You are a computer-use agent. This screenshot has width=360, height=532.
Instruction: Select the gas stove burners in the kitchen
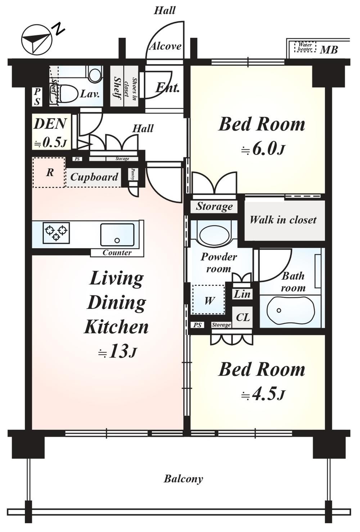[56, 233]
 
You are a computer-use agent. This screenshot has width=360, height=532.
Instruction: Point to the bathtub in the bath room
[291, 311]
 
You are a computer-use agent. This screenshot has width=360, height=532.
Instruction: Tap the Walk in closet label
[283, 220]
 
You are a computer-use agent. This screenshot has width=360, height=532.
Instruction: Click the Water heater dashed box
[305, 47]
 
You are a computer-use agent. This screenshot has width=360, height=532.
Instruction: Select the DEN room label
[50, 124]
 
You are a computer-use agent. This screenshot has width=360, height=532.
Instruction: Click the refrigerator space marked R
[49, 172]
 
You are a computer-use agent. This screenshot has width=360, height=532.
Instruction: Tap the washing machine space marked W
[208, 300]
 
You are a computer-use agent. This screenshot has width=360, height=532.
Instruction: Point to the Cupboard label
[94, 177]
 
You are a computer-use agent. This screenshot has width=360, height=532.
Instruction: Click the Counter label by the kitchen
[117, 253]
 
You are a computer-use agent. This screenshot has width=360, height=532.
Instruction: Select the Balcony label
[183, 478]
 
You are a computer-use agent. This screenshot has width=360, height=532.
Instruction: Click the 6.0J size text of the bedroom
[262, 150]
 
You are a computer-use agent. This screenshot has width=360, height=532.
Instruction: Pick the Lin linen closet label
[242, 294]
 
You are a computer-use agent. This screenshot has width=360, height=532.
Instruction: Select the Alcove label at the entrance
[165, 46]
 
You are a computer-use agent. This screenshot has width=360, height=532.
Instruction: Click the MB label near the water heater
[329, 50]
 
